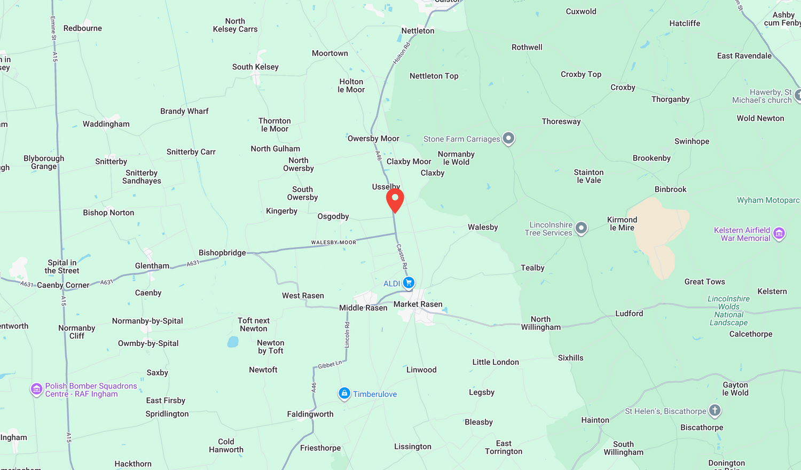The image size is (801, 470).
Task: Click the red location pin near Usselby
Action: coord(395,200)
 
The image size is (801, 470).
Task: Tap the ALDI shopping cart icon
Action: coord(409,283)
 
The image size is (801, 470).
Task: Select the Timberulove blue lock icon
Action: coord(344,394)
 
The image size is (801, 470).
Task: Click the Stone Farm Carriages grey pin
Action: coord(508,138)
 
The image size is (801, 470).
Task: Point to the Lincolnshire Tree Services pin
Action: coord(581,229)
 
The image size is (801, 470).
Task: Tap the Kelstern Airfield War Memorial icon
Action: coord(779,233)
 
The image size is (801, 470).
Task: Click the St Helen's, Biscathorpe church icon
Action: coord(714,411)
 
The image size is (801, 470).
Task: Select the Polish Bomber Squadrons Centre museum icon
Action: coord(36,389)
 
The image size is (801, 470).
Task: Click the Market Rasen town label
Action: coord(418,304)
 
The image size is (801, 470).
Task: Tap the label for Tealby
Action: coord(532,268)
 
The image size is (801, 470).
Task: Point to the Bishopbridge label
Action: coord(222,253)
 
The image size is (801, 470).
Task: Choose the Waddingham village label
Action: coord(106,124)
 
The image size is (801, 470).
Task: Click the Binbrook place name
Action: coord(670,190)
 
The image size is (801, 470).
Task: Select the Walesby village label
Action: coord(483,228)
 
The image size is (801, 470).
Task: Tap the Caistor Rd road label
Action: coord(402,256)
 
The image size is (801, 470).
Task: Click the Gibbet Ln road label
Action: coord(329,365)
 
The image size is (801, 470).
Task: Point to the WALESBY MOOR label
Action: coord(333,242)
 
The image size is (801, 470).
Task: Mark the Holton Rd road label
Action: coord(402,53)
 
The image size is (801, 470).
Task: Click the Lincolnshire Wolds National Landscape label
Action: coord(728,310)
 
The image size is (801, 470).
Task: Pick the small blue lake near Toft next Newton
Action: coord(233,342)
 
